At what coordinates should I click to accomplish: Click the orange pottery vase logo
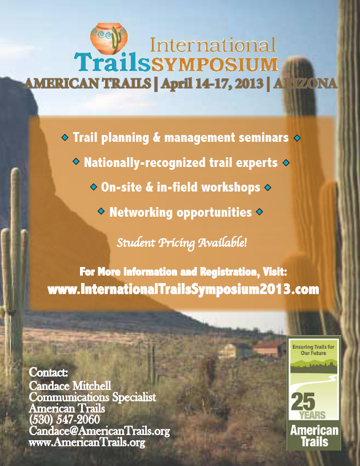(x=109, y=38)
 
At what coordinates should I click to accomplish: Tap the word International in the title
(x=213, y=45)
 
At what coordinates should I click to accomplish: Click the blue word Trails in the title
(x=112, y=62)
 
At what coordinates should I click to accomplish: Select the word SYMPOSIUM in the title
(x=215, y=64)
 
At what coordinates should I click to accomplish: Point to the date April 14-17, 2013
(x=212, y=84)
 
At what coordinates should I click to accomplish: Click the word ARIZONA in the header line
(x=305, y=83)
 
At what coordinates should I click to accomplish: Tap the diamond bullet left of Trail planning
(x=65, y=138)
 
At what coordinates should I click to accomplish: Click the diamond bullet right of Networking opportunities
(x=259, y=212)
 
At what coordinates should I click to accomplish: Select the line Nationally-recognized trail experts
(x=181, y=162)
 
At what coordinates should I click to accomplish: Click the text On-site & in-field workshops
(x=181, y=187)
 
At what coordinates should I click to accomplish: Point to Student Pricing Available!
(x=182, y=243)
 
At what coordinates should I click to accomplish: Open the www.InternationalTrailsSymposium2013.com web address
(x=183, y=289)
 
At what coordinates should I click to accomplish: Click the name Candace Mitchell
(x=70, y=386)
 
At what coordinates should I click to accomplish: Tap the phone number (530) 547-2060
(x=65, y=419)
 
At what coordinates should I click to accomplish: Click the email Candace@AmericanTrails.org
(x=99, y=431)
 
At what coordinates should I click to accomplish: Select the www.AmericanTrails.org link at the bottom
(x=87, y=442)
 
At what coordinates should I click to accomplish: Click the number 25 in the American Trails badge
(x=303, y=401)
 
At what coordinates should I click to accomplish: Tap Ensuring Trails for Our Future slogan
(x=313, y=350)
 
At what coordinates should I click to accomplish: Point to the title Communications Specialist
(x=93, y=397)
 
